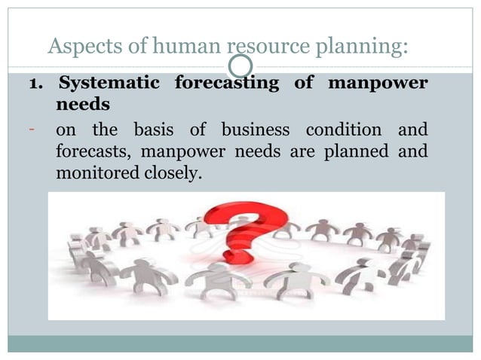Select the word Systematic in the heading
tap(109, 83)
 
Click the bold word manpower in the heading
tap(378, 83)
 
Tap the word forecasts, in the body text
tap(88, 151)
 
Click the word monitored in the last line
tap(94, 174)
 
